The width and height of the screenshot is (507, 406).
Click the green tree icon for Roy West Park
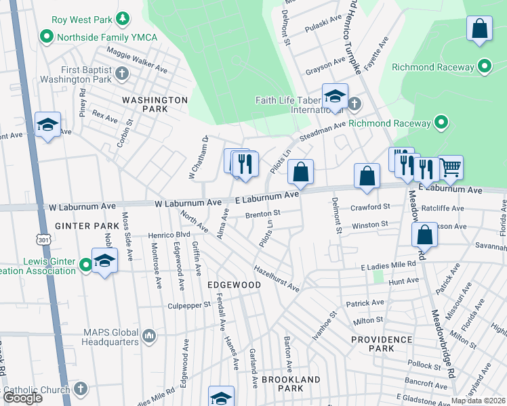pos(123,18)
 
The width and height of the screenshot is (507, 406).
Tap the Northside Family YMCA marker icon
pos(47,35)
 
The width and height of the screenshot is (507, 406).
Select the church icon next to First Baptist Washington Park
pos(122,73)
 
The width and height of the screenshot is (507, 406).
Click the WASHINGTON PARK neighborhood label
pos(155,104)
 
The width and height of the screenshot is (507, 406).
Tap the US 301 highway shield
pos(44,240)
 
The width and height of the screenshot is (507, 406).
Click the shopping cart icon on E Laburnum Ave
pos(451,167)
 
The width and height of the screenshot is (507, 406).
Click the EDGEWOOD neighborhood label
pos(234,286)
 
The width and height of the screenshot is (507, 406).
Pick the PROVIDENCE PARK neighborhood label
pos(382,343)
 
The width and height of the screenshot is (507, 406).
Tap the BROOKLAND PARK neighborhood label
pos(291,384)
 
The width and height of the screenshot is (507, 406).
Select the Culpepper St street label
pos(190,306)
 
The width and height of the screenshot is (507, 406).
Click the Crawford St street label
pos(371,206)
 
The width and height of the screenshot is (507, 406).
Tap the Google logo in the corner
pos(22,398)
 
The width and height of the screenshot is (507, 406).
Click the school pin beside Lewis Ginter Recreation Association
pos(104,260)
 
